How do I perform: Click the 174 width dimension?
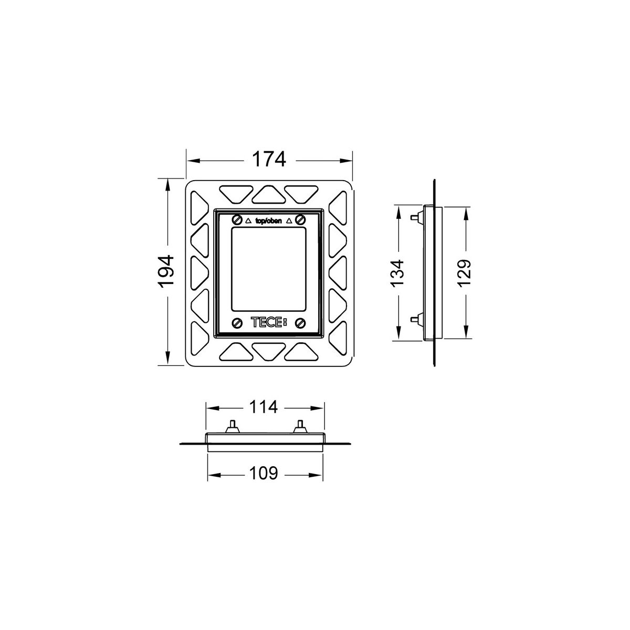coord(269,159)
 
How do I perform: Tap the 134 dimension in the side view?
coord(398,274)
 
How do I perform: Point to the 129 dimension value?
coord(464,274)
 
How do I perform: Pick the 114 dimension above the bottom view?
coord(264,407)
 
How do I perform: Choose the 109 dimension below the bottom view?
coord(264,473)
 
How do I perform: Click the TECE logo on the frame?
coord(269,323)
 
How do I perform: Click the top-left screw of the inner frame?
coord(237,219)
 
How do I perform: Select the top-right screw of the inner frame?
coord(300,219)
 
